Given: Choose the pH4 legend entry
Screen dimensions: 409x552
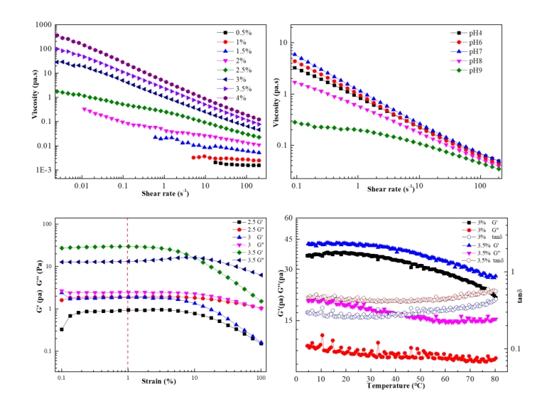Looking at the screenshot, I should [473, 33].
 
